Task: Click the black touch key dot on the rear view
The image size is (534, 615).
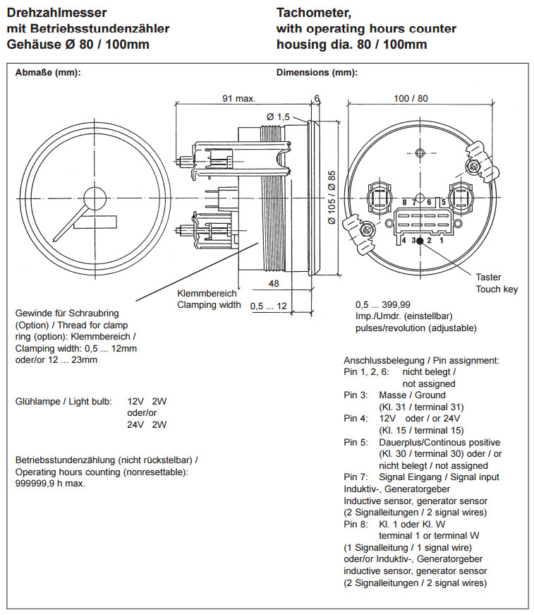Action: pyautogui.click(x=420, y=241)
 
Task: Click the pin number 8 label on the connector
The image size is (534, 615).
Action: pyautogui.click(x=404, y=203)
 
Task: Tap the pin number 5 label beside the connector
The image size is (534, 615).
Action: pyautogui.click(x=443, y=202)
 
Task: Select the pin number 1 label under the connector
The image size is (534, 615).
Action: pyautogui.click(x=441, y=241)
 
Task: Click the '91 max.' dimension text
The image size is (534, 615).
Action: pyautogui.click(x=238, y=100)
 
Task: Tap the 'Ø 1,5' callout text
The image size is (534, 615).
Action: pyautogui.click(x=278, y=117)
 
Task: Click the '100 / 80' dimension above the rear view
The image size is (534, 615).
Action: pyautogui.click(x=411, y=99)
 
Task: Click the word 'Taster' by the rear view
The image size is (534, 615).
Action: pyautogui.click(x=488, y=277)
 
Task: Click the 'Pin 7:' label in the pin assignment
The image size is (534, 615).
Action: pyautogui.click(x=356, y=477)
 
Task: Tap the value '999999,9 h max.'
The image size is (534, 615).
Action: pyautogui.click(x=51, y=484)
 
